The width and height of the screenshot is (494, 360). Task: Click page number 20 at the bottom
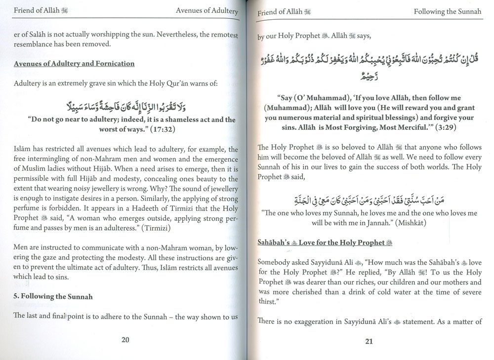tap(125, 339)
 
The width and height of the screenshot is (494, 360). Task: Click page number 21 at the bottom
tap(369, 340)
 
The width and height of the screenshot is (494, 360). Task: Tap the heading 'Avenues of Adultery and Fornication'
tap(74, 64)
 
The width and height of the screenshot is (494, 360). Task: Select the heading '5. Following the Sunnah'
tap(53, 297)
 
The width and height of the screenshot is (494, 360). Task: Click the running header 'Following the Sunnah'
tap(448, 12)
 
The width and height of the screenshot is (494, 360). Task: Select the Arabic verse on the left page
tap(126, 105)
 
